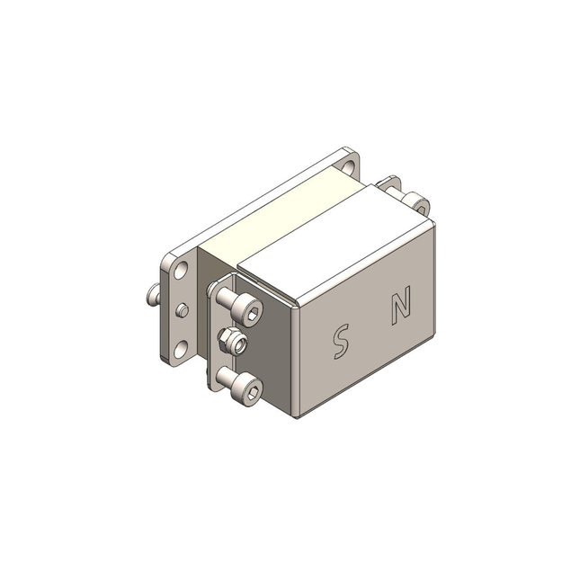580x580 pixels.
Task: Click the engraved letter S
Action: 340,341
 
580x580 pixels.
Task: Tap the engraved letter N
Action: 401,305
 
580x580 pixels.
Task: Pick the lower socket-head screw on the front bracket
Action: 247,389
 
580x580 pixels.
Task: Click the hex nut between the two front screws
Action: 231,342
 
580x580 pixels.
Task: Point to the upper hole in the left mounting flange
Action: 181,271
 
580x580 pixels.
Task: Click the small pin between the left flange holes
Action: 183,310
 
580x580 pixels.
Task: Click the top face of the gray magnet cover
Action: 333,243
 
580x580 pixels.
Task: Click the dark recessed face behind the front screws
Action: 270,351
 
